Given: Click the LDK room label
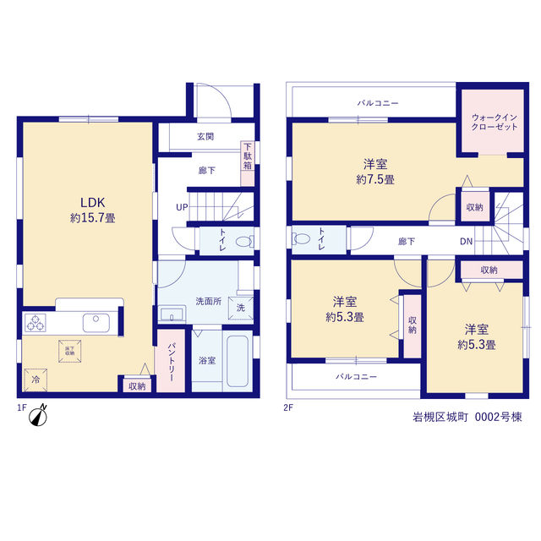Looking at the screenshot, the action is pyautogui.click(x=93, y=202).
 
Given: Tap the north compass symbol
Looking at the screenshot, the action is pyautogui.click(x=38, y=415).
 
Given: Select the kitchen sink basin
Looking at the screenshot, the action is pyautogui.click(x=96, y=323).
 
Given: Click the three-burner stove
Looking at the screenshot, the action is pyautogui.click(x=36, y=323).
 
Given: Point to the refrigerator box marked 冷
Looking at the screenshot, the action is pyautogui.click(x=36, y=380).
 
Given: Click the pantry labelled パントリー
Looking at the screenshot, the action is pyautogui.click(x=171, y=361).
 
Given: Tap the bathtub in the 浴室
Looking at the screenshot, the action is pyautogui.click(x=238, y=361).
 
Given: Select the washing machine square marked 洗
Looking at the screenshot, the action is pyautogui.click(x=241, y=308).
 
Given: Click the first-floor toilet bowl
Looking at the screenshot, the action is pyautogui.click(x=244, y=242).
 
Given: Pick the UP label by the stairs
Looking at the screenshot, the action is pyautogui.click(x=182, y=207).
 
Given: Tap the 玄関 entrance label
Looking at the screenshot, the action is pyautogui.click(x=205, y=137).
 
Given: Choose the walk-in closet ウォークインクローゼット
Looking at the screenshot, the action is pyautogui.click(x=493, y=122).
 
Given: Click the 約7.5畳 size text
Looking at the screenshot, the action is pyautogui.click(x=375, y=179).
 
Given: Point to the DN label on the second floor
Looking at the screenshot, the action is pyautogui.click(x=466, y=242).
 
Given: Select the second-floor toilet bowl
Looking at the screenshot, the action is pyautogui.click(x=301, y=238).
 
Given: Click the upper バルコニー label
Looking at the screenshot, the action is pyautogui.click(x=378, y=103).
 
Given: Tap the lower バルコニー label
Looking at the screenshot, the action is pyautogui.click(x=357, y=376).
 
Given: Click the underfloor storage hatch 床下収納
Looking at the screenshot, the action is pyautogui.click(x=69, y=352).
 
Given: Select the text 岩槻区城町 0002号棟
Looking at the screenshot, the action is pyautogui.click(x=467, y=417).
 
